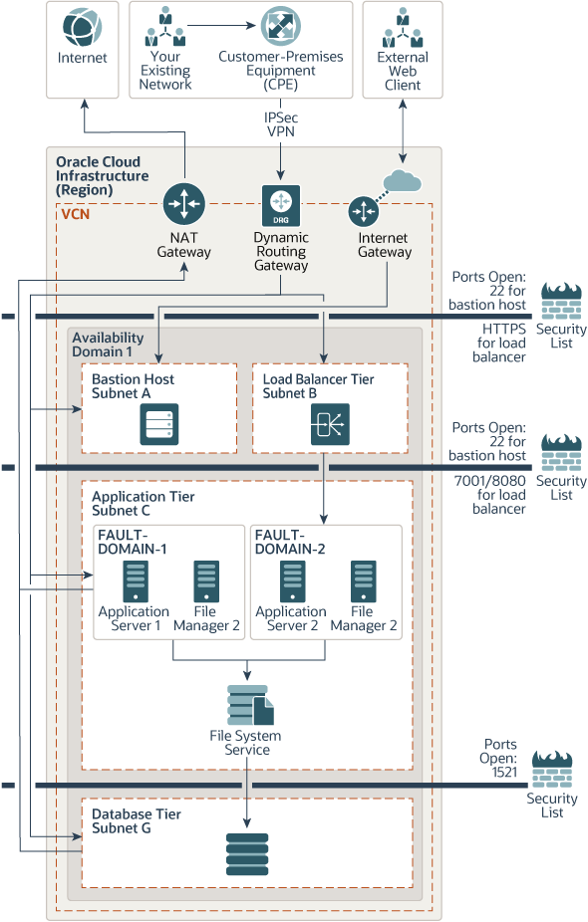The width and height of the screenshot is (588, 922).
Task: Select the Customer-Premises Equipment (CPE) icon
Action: pyautogui.click(x=280, y=26)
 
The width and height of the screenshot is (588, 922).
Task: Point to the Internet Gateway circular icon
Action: pyautogui.click(x=364, y=211)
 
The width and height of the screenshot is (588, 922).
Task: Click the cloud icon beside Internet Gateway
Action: pyautogui.click(x=403, y=180)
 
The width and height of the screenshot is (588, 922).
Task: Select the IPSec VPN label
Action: pyautogui.click(x=281, y=124)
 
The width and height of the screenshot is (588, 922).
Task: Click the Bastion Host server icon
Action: pyautogui.click(x=159, y=423)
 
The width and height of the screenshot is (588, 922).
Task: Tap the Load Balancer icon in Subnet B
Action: pyautogui.click(x=325, y=424)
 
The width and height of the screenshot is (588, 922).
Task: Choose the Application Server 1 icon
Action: pyautogui.click(x=135, y=580)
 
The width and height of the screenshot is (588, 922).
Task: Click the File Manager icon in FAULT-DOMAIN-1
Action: pyautogui.click(x=206, y=580)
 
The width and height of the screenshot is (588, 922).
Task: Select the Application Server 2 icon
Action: pyautogui.click(x=292, y=580)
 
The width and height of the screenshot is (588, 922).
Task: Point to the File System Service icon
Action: pyautogui.click(x=249, y=705)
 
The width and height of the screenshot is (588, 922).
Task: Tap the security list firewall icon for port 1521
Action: pyautogui.click(x=552, y=770)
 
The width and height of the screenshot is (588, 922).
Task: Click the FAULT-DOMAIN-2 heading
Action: pyautogui.click(x=290, y=542)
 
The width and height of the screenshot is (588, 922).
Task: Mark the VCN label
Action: pyautogui.click(x=75, y=213)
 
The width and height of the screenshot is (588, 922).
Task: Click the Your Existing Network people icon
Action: pyautogui.click(x=165, y=27)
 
